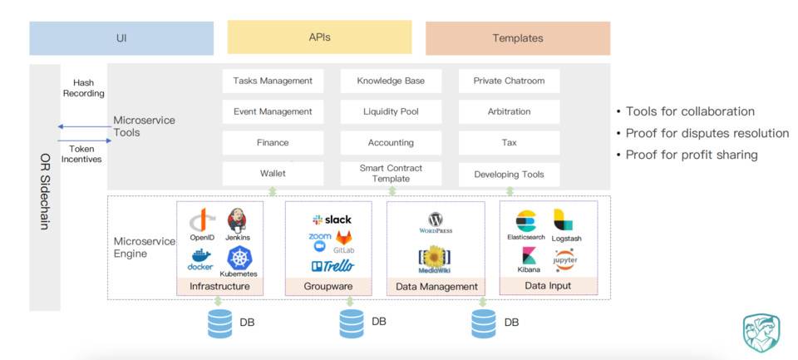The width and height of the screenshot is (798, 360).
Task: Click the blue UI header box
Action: [x=121, y=38]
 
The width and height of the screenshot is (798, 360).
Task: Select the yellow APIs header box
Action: [x=319, y=37]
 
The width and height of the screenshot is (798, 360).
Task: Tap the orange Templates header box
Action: [x=517, y=38]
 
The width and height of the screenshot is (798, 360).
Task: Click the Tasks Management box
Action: [x=273, y=81]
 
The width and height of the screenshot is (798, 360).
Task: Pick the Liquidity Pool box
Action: [x=391, y=111]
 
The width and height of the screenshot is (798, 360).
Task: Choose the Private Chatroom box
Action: [x=509, y=81]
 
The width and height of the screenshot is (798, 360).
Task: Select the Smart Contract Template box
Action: [x=391, y=173]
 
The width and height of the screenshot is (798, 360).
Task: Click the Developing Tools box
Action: [x=509, y=174]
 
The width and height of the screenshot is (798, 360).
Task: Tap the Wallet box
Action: [x=273, y=174]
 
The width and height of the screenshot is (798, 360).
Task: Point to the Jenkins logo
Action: [x=237, y=220]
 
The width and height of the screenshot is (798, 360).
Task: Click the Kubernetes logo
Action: [x=239, y=258]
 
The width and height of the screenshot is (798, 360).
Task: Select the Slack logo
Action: [x=332, y=219]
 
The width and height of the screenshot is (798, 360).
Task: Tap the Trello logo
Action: [x=332, y=266]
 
